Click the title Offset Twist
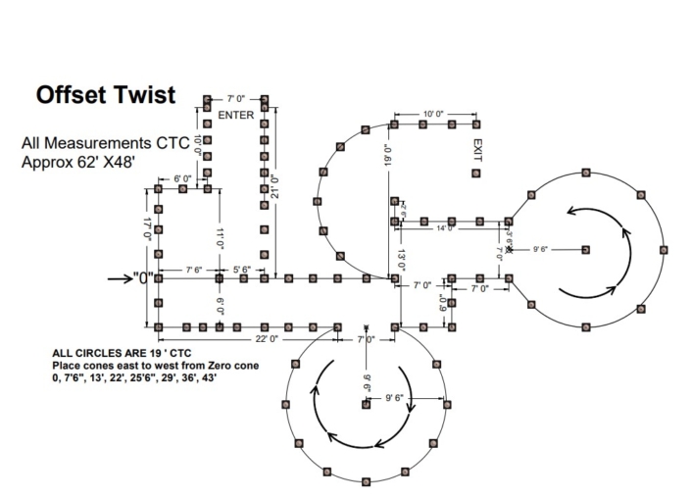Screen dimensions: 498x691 coord(106,95)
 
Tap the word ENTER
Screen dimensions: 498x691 coord(236,116)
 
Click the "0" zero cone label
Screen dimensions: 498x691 coord(144,278)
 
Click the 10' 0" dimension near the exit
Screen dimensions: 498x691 coord(432,115)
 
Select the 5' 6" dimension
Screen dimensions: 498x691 coord(240,269)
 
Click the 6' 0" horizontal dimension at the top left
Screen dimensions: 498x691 coord(182,179)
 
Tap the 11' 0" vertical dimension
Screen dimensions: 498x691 coord(221,238)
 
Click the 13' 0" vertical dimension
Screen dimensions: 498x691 coord(401,260)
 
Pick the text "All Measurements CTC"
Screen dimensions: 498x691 coord(105,143)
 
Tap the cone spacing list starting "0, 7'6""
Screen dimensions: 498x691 coord(134,375)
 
